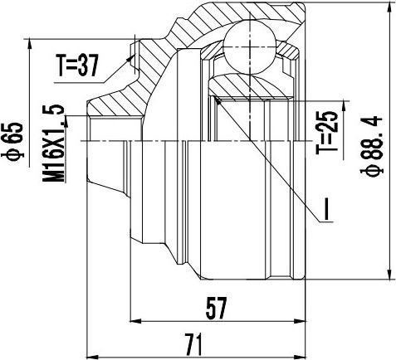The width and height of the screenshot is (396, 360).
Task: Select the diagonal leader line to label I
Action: pyautogui.click(x=266, y=158)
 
